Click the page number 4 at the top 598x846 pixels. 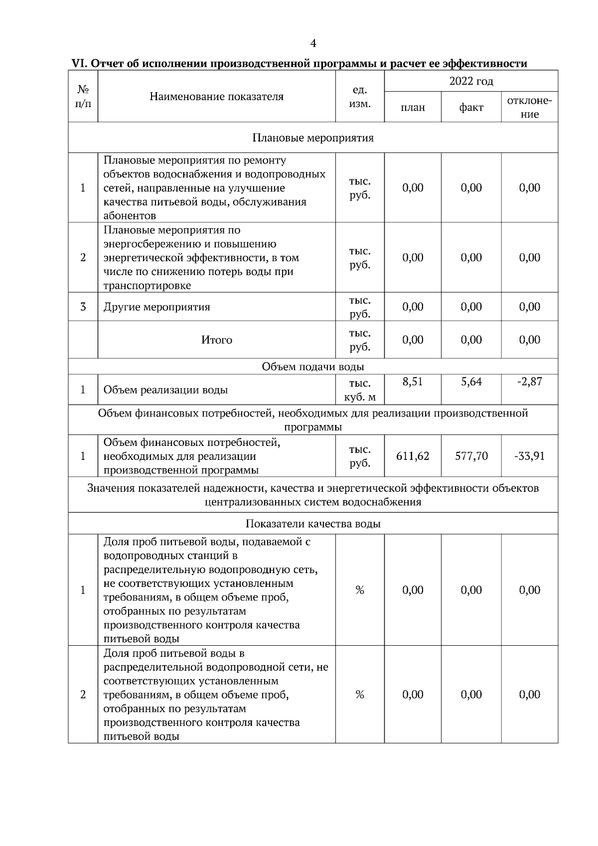pos(313,44)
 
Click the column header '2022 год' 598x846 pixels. pos(471,81)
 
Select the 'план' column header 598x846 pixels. pos(413,108)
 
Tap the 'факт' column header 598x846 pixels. pos(471,108)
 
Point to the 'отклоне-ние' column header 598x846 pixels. pos(529,107)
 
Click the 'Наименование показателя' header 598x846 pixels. pos(217,97)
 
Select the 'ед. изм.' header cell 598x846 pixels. pos(360,97)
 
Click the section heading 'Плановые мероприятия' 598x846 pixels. pos(313,138)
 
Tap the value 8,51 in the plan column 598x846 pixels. pos(413,382)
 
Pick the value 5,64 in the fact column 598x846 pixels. pos(471,382)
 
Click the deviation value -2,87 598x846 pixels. pos(529,382)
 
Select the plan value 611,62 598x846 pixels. pos(413,456)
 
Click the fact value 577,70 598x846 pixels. pos(471,456)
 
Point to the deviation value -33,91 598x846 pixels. pos(529,456)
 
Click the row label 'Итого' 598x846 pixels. pos(217,340)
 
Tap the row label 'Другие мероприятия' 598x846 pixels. pos(156,307)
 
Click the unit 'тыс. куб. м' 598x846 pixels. pos(360,390)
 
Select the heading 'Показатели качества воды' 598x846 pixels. pos(313,524)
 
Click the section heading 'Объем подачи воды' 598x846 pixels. pos(313,367)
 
